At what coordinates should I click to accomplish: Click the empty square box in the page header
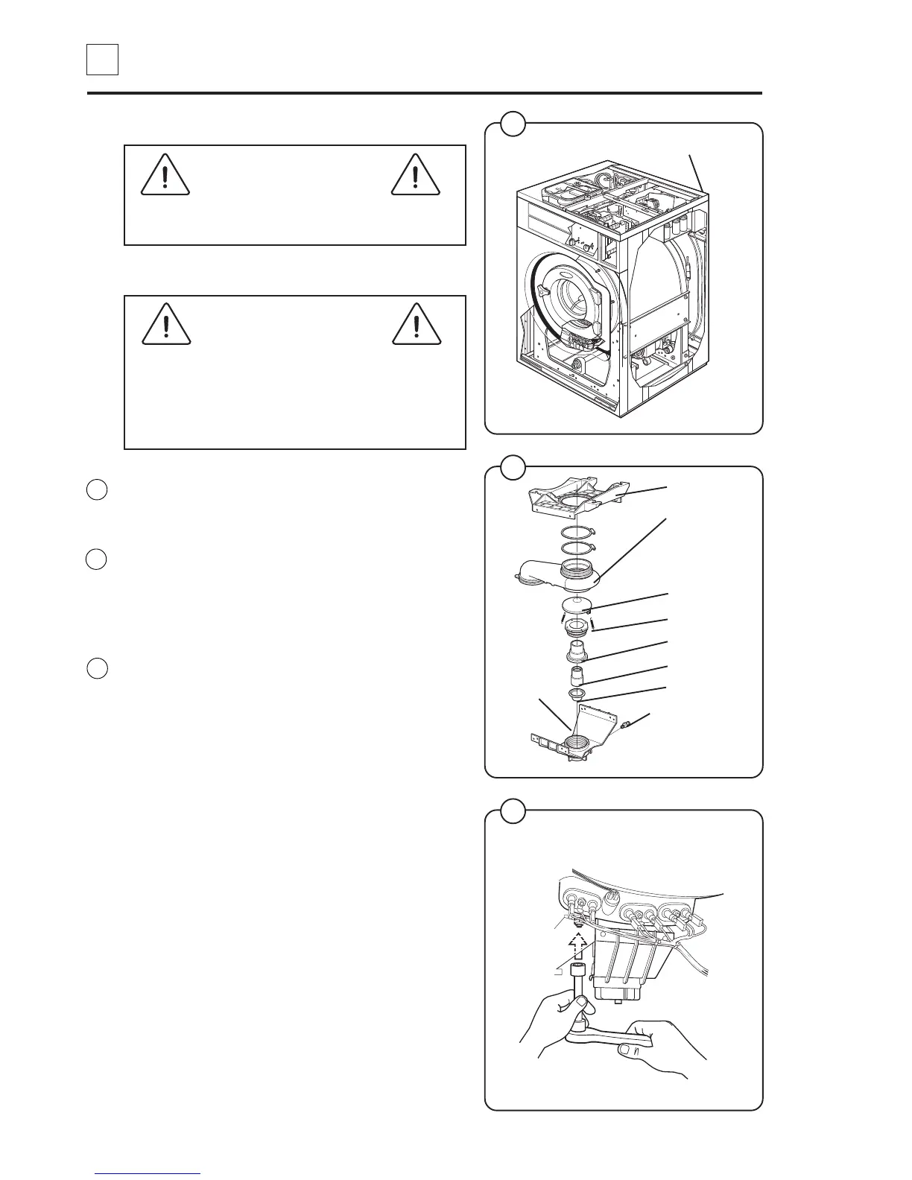tap(102, 60)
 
